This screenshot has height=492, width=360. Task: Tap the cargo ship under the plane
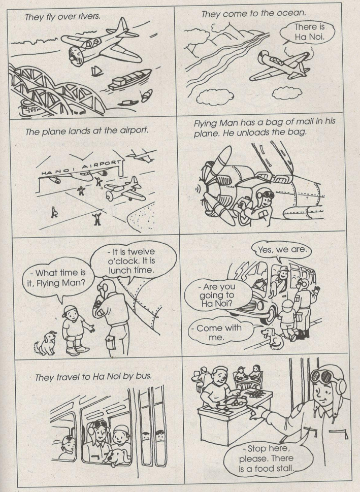129,79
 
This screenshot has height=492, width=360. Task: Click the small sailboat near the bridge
97,72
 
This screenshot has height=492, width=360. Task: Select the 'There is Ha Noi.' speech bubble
308,32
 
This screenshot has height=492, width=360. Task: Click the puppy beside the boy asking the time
46,343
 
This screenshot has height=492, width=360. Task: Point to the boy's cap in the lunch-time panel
70,311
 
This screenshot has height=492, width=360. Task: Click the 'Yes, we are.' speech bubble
282,251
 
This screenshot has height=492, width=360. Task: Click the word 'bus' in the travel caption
144,376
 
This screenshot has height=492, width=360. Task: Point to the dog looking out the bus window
117,457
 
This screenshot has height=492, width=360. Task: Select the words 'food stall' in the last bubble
274,469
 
